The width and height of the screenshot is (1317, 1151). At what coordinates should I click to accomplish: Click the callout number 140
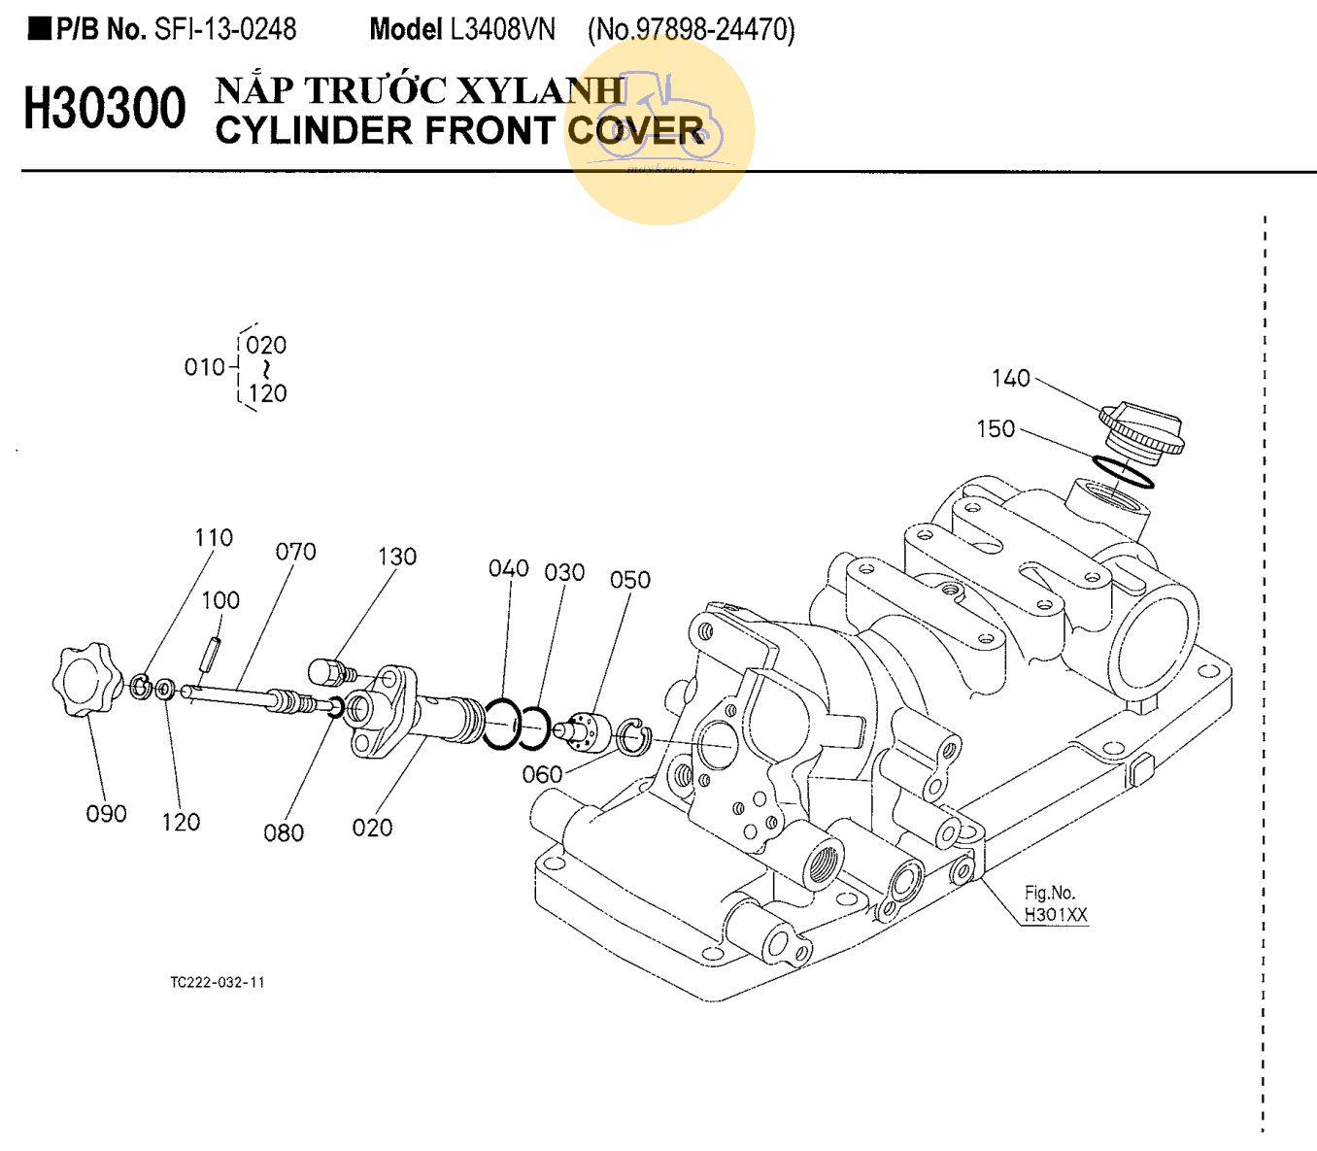click(1010, 378)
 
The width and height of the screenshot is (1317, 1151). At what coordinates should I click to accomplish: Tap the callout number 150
click(996, 428)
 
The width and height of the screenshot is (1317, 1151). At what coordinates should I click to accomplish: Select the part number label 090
click(106, 814)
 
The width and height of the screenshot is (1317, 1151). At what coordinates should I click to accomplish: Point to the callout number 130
click(396, 557)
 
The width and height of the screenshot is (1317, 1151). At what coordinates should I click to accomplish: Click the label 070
click(295, 552)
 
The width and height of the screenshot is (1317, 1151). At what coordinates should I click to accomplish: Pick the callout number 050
click(629, 580)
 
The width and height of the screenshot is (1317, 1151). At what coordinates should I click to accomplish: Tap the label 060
click(542, 774)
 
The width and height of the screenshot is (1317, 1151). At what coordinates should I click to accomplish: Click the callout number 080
click(284, 832)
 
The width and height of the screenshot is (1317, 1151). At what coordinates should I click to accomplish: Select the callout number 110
click(214, 537)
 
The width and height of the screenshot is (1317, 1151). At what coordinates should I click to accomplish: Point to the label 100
click(220, 600)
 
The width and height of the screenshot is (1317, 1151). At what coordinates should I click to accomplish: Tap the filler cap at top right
click(1141, 428)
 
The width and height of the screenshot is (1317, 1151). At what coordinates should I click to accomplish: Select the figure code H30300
click(104, 108)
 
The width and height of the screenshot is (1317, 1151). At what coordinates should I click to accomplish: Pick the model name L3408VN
click(502, 30)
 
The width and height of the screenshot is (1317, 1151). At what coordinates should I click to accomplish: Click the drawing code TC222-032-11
click(218, 982)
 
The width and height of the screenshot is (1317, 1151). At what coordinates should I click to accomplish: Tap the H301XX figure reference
click(1055, 914)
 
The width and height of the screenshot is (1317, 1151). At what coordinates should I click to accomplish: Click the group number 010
click(204, 367)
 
